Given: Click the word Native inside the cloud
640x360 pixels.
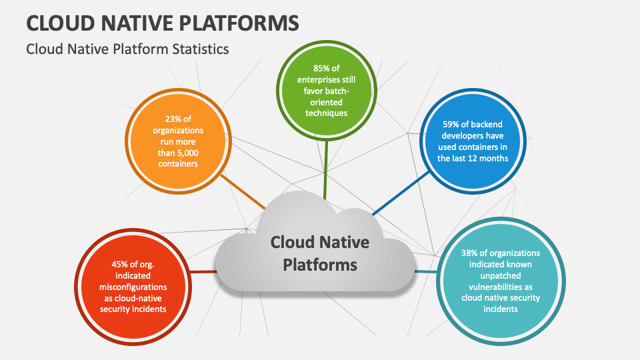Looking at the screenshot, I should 344,241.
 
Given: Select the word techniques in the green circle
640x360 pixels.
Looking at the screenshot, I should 327,113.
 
